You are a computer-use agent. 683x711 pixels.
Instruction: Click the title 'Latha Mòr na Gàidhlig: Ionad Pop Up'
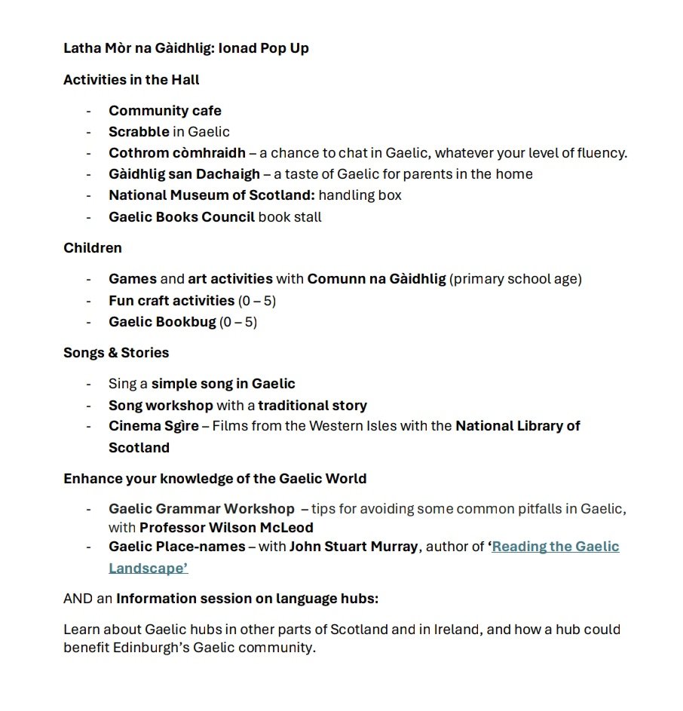click(185, 48)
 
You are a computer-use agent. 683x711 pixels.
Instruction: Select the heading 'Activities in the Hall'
click(131, 79)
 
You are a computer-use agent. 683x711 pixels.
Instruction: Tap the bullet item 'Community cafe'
click(165, 111)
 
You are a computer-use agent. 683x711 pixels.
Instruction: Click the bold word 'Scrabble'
click(139, 132)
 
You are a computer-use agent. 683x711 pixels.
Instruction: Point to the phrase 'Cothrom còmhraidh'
click(176, 153)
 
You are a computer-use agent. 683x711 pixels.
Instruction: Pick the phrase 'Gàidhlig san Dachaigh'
click(184, 174)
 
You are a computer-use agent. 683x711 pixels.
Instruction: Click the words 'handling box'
click(360, 195)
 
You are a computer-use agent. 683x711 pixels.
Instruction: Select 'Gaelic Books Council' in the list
click(181, 217)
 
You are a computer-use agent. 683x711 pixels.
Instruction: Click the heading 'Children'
click(92, 247)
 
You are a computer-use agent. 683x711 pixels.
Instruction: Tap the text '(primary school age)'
click(516, 279)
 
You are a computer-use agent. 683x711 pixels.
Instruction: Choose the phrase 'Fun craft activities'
click(171, 300)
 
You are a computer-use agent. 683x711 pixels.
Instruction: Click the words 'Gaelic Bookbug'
click(161, 322)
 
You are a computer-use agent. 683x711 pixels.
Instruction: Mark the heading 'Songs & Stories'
click(116, 352)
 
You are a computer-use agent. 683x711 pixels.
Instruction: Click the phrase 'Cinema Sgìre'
click(153, 426)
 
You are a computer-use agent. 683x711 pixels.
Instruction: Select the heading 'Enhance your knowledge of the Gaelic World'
click(215, 479)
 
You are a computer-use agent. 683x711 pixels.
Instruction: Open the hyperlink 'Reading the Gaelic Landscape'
click(555, 547)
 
